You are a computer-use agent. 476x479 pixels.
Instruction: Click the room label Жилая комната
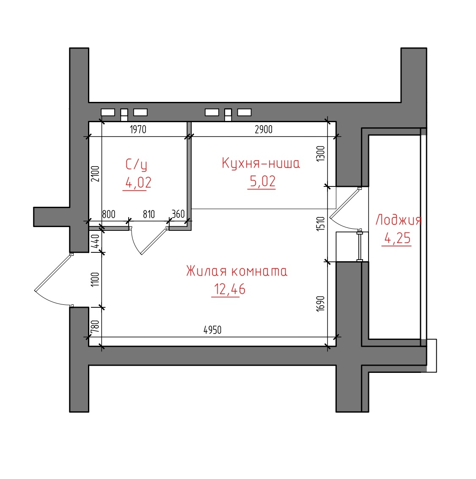tap(237, 271)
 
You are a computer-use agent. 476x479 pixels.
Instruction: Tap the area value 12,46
tap(230, 289)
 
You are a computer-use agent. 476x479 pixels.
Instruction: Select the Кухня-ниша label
tap(261, 163)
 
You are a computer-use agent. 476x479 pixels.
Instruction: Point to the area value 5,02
tap(263, 181)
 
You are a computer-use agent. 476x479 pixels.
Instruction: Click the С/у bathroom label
tap(136, 164)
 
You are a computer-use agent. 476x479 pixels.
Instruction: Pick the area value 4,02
tap(138, 183)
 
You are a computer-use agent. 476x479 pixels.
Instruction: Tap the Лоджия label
tap(399, 220)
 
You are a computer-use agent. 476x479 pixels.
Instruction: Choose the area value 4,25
tap(397, 238)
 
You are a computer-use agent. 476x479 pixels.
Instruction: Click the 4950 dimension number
tap(212, 330)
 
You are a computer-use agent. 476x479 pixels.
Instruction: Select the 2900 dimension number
tap(264, 129)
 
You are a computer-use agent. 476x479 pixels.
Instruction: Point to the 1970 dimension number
tap(138, 129)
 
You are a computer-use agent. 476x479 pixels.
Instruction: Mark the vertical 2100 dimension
tap(95, 174)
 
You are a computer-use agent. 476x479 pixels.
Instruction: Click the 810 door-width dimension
tap(149, 214)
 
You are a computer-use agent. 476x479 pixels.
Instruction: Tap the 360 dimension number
tap(178, 214)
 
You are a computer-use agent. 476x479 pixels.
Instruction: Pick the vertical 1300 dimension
tap(320, 153)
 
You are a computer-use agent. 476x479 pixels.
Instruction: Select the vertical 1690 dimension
tap(320, 304)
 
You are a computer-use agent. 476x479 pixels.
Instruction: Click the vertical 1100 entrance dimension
tap(95, 279)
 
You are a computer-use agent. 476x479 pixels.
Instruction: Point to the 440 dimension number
tap(95, 241)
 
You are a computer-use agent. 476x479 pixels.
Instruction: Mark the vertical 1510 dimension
tap(320, 224)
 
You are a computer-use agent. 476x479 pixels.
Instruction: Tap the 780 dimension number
tap(95, 326)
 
